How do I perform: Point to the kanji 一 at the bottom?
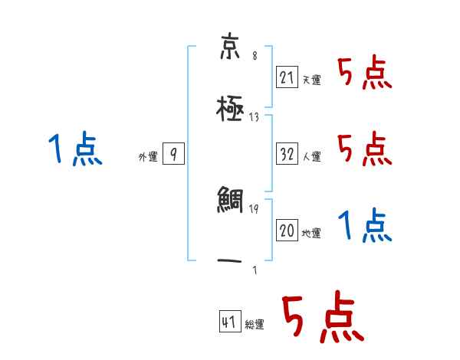tap(229, 260)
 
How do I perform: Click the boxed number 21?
tap(287, 77)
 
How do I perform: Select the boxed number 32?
tap(287, 153)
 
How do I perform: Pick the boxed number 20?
tap(287, 230)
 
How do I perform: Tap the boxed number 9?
tap(174, 154)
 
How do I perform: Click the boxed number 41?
tap(229, 322)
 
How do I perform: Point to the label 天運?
tap(311, 80)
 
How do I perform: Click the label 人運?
tap(312, 156)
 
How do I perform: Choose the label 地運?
tap(312, 233)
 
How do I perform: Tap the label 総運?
tap(255, 325)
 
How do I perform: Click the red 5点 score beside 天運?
tap(364, 74)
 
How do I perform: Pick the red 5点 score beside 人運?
tap(364, 148)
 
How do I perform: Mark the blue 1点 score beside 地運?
tap(364, 224)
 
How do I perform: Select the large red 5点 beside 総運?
tap(321, 318)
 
